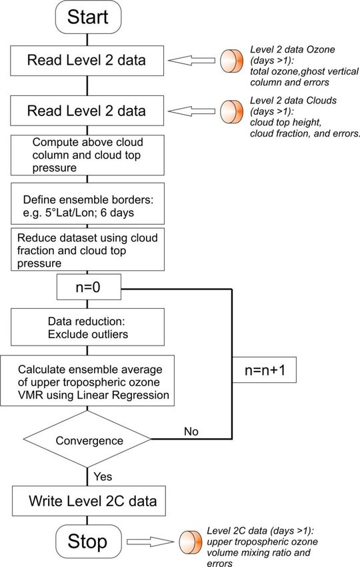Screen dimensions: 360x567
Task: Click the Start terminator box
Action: pos(88,17)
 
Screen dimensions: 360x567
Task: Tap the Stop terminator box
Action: pos(88,542)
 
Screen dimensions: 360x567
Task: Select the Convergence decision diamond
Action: pos(87,440)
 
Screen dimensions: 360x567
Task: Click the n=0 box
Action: pos(89,287)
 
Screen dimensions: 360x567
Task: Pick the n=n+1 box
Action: pos(264,370)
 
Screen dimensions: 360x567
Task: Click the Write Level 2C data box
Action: pos(89,501)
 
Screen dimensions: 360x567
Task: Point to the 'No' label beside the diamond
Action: pos(191,432)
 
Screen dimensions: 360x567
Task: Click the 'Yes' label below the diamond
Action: pos(103,476)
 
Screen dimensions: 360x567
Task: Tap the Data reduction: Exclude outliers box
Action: pos(87,328)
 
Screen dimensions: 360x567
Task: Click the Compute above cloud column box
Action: pos(87,155)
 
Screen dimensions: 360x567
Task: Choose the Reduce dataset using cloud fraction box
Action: pos(87,249)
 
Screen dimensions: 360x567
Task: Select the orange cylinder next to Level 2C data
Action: pos(191,542)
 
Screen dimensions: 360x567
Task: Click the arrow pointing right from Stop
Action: pos(151,542)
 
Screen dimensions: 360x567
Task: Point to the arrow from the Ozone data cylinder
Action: pos(191,61)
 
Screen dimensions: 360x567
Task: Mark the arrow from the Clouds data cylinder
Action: pos(191,111)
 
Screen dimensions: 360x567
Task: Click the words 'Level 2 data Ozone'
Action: pos(293,49)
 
